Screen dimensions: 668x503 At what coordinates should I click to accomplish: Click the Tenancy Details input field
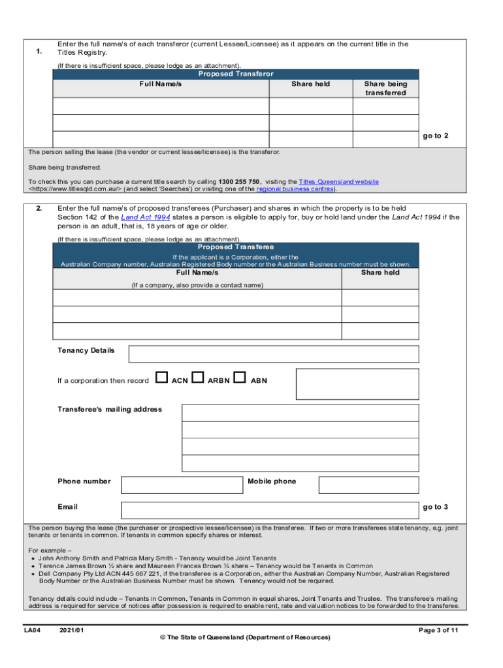click(274, 354)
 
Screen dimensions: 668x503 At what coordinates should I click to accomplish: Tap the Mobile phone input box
click(368, 485)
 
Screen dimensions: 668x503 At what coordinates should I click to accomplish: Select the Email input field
click(270, 510)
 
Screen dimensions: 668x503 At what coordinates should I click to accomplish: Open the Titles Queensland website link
click(338, 181)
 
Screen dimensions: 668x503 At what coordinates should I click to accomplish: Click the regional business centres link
click(295, 189)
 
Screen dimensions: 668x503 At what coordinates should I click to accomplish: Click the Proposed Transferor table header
click(236, 74)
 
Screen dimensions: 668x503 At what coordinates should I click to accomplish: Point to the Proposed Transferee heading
click(236, 247)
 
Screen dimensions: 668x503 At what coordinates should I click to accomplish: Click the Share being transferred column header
click(385, 88)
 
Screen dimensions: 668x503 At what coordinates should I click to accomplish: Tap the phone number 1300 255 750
click(240, 181)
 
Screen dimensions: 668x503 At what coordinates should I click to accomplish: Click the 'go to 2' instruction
click(435, 136)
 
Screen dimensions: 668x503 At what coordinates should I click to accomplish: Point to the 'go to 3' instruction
click(435, 507)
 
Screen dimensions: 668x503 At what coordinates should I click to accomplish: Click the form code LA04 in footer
click(33, 630)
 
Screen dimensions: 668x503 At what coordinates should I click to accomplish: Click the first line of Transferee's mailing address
click(300, 413)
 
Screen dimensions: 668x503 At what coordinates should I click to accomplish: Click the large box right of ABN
click(357, 384)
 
